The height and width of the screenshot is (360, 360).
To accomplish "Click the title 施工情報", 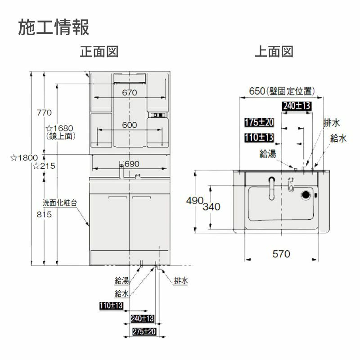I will pyautogui.click(x=54, y=27).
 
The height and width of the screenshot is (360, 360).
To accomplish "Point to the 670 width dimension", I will pyautogui.click(x=129, y=92).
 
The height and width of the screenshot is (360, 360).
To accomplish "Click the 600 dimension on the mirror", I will pyautogui.click(x=129, y=126).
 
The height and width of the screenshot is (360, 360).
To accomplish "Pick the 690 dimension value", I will pyautogui.click(x=131, y=164).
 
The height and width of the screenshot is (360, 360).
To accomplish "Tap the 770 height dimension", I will pyautogui.click(x=45, y=112).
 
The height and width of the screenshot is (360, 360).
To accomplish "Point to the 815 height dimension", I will pyautogui.click(x=45, y=215).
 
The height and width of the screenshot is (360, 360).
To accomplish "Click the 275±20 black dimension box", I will pyautogui.click(x=144, y=332).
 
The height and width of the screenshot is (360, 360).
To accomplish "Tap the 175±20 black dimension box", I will pyautogui.click(x=259, y=122).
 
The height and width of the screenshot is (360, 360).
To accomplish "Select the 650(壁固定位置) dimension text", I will pyautogui.click(x=282, y=91).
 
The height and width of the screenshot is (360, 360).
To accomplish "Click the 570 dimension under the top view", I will pyautogui.click(x=281, y=254).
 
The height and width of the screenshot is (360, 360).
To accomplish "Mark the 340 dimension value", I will pyautogui.click(x=211, y=207).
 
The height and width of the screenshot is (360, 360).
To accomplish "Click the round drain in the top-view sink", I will pyautogui.click(x=306, y=195).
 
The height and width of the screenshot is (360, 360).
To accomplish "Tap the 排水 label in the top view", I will pyautogui.click(x=331, y=122).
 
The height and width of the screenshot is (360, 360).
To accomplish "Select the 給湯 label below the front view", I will pyautogui.click(x=121, y=281).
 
